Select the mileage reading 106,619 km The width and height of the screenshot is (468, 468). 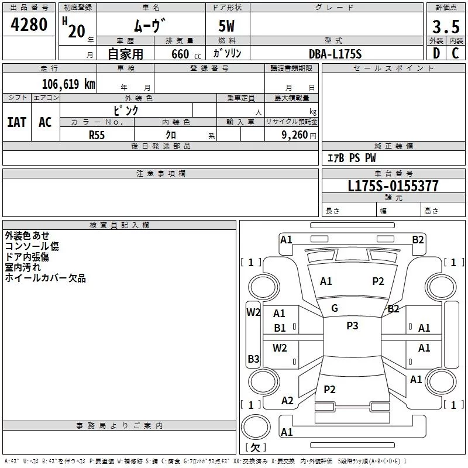(69, 84)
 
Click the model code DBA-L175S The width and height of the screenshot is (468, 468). (336, 54)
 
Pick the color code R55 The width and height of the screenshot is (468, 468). (97, 135)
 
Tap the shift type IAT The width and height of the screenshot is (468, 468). (16, 122)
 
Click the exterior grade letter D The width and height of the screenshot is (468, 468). (436, 54)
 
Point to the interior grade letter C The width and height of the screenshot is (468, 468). (455, 54)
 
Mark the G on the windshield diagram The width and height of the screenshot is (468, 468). (335, 308)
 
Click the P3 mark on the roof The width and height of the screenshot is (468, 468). (352, 326)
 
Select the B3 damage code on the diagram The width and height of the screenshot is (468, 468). (253, 359)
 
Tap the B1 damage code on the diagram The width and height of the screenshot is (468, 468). (280, 328)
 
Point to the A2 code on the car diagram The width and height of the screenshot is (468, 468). (287, 401)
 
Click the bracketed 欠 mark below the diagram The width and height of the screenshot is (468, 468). (255, 448)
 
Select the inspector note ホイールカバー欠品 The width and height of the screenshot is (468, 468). (45, 278)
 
